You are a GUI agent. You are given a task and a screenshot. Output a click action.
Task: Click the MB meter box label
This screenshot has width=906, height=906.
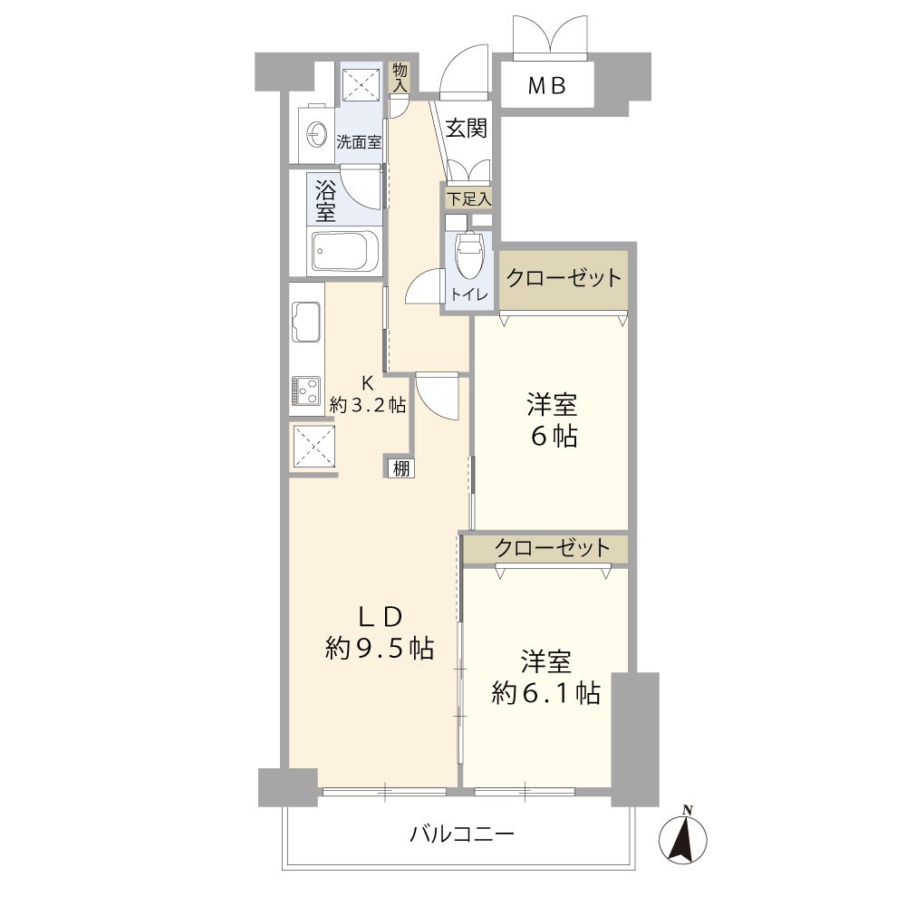[x=546, y=86]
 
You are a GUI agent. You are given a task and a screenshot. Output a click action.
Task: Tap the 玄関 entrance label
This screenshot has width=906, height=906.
[x=467, y=129]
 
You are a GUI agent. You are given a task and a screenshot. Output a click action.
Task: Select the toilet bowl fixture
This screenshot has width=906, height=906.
[x=468, y=255]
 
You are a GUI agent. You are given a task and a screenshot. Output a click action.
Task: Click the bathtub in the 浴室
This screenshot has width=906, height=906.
[x=344, y=251]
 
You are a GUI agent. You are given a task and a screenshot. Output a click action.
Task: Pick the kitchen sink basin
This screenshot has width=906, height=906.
[x=306, y=322]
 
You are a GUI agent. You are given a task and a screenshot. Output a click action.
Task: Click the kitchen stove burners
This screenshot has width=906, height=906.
[x=306, y=390]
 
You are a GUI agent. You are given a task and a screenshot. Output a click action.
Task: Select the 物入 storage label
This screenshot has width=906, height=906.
[x=400, y=78]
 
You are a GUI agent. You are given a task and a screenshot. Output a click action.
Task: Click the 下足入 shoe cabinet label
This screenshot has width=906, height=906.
[x=469, y=199]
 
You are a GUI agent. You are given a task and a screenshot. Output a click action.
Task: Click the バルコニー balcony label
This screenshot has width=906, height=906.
[x=462, y=834]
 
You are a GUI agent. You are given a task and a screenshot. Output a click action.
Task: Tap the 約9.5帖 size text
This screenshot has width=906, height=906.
[x=380, y=649]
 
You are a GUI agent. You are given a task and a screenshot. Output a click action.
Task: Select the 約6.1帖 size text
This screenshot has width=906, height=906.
[x=546, y=692]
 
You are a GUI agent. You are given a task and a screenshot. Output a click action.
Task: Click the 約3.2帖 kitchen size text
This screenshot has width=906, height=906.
[x=368, y=405]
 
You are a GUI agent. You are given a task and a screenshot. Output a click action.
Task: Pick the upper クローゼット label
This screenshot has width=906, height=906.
[x=564, y=278]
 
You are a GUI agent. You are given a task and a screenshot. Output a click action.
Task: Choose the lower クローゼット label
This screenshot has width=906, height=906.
[x=553, y=547]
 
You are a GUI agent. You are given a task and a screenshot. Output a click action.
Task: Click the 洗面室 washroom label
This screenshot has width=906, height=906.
[x=359, y=142]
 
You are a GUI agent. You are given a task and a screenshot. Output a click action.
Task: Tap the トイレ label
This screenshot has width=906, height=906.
[x=469, y=294]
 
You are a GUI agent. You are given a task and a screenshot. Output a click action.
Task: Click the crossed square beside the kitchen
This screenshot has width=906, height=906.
[x=313, y=446]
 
